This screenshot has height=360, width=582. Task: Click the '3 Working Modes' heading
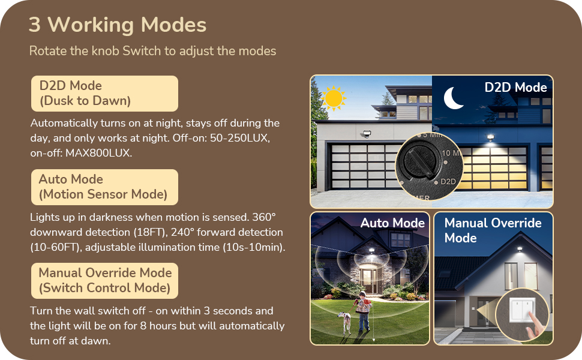(x=118, y=25)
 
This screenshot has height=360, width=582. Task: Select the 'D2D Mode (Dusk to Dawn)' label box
(x=104, y=93)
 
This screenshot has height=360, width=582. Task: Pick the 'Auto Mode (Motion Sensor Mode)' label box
(x=104, y=187)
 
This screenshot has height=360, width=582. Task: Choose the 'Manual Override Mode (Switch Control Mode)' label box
(x=104, y=280)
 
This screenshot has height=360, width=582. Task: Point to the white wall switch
(x=520, y=310)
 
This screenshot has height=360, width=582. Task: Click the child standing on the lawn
(x=362, y=311)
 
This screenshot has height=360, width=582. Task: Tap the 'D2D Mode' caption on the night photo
(x=515, y=88)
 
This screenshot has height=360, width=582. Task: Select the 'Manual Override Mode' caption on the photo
(x=493, y=230)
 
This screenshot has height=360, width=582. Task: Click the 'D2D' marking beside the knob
(x=448, y=181)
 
